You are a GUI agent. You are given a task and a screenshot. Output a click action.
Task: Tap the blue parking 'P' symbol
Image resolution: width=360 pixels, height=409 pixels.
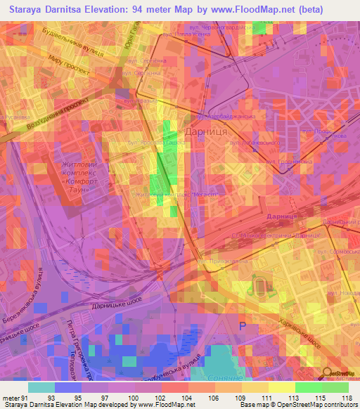coord(244,326)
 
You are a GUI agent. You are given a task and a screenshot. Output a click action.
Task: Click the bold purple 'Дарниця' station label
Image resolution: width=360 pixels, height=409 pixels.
coord(283,216)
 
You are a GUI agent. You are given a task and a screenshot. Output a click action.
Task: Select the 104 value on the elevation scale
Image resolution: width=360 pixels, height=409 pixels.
coord(188,397)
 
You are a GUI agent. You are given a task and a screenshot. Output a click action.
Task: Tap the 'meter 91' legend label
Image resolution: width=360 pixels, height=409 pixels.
coord(14,397)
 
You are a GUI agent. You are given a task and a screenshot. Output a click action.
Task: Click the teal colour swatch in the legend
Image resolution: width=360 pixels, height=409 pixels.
coord(41,387)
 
